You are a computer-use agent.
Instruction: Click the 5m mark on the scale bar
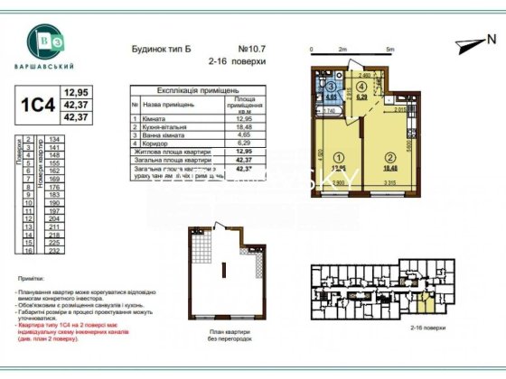point(389,50)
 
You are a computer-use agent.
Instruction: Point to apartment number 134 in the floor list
point(54,139)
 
